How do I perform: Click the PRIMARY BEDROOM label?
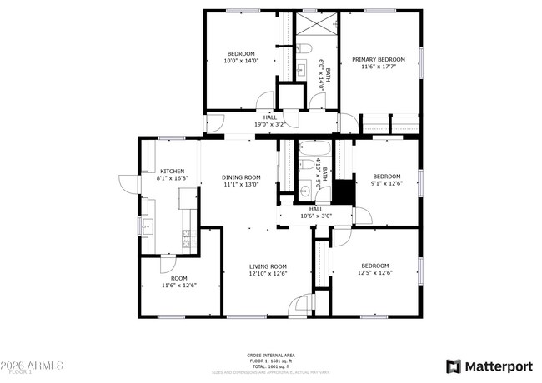pyautogui.click(x=378, y=59)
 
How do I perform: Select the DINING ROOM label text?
pyautogui.click(x=241, y=177)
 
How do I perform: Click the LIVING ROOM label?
pyautogui.click(x=268, y=266)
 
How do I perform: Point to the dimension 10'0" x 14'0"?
pyautogui.click(x=241, y=61)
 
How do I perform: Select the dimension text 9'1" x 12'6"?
pyautogui.click(x=386, y=183)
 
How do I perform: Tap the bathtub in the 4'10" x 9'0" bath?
pyautogui.click(x=314, y=151)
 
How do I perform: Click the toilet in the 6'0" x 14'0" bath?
pyautogui.click(x=304, y=47)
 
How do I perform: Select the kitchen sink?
pyautogui.click(x=148, y=225)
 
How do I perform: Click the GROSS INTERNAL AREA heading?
pyautogui.click(x=268, y=355)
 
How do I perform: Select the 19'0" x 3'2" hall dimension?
pyautogui.click(x=269, y=124)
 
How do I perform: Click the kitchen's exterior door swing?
pyautogui.click(x=128, y=184)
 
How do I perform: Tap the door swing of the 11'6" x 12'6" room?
pyautogui.click(x=168, y=266)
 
